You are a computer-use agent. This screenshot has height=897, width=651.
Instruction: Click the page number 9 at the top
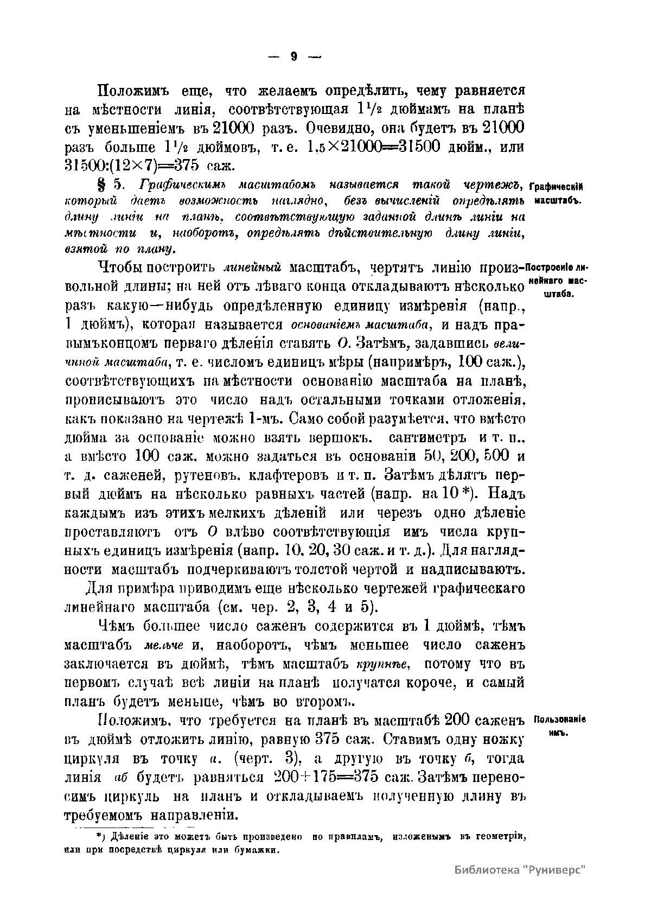point(293,56)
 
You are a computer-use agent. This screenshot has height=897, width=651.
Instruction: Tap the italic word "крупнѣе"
point(382,664)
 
